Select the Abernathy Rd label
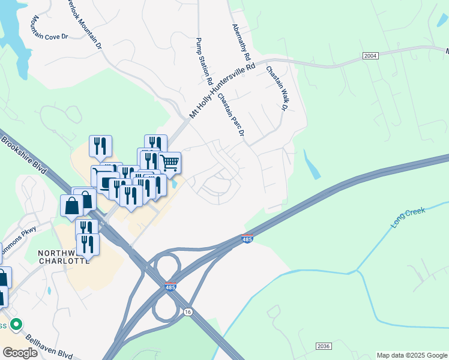(x=241, y=42)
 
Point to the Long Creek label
(x=408, y=217)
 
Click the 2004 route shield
(x=370, y=56)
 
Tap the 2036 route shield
(x=323, y=346)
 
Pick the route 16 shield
(x=188, y=312)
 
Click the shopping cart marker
(x=170, y=162)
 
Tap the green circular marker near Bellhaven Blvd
(x=17, y=325)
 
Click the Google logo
(x=20, y=352)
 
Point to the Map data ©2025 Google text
(x=411, y=355)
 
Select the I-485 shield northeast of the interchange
(x=247, y=238)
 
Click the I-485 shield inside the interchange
(x=170, y=288)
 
